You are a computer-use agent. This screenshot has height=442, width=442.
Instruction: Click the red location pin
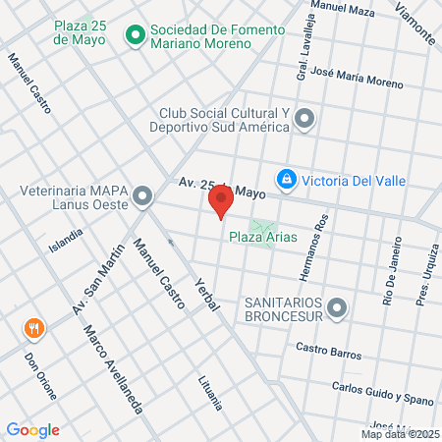coord(221,202)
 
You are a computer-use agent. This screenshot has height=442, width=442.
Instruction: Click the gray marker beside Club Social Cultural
coord(305,120)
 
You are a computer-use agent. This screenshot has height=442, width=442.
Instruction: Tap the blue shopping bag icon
coord(286,180)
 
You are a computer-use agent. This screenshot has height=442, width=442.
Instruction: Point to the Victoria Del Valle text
coord(353,181)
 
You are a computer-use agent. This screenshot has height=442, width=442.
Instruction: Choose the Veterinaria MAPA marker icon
coord(143,196)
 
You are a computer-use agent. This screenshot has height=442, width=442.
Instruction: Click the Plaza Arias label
coord(262,237)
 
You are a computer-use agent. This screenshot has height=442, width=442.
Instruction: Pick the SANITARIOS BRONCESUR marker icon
coord(337,309)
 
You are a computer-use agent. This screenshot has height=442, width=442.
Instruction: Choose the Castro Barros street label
coord(328,351)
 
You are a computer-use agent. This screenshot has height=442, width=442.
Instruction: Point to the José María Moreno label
coord(356,78)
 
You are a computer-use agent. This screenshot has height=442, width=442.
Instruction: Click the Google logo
coord(32,429)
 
